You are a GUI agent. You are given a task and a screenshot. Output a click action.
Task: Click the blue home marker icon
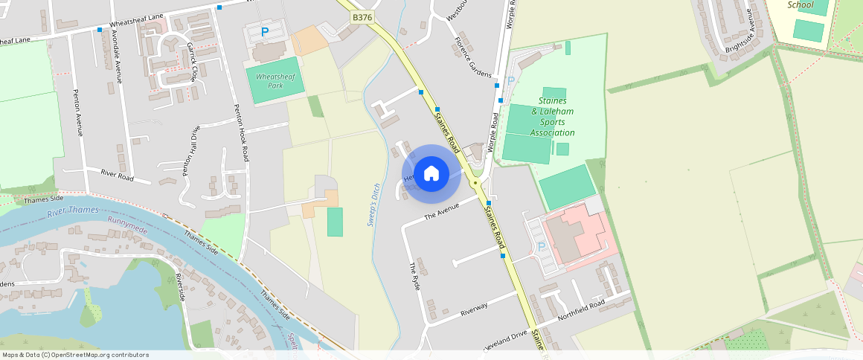(x=431, y=174)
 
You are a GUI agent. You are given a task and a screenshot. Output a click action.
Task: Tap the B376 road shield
(x=362, y=16)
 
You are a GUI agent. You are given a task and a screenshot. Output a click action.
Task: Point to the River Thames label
(x=72, y=213)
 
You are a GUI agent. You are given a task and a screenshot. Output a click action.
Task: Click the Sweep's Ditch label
(x=374, y=205)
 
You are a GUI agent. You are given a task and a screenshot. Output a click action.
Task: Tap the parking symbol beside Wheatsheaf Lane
(x=264, y=33)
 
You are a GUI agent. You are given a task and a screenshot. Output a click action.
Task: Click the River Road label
(x=117, y=176)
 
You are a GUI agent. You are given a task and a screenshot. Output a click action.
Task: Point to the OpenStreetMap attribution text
(x=74, y=355)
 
